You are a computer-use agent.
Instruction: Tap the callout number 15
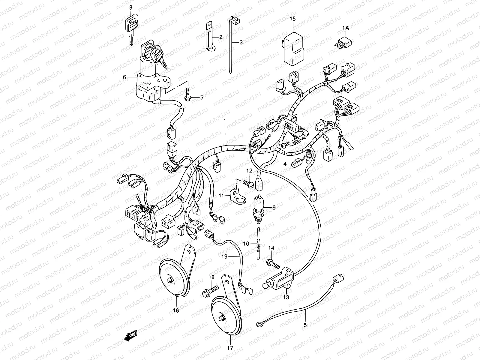click(x=292, y=19)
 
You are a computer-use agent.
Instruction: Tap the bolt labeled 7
click(x=188, y=94)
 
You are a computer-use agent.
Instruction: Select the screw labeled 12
click(x=248, y=183)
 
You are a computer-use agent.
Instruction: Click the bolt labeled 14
click(x=273, y=263)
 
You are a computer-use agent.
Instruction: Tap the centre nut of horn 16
click(x=169, y=280)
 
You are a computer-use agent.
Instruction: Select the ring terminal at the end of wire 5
click(x=259, y=324)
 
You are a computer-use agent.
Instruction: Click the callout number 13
click(x=286, y=297)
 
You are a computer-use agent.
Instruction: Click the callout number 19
click(x=224, y=256)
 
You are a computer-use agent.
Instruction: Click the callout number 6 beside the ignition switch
click(x=124, y=77)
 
